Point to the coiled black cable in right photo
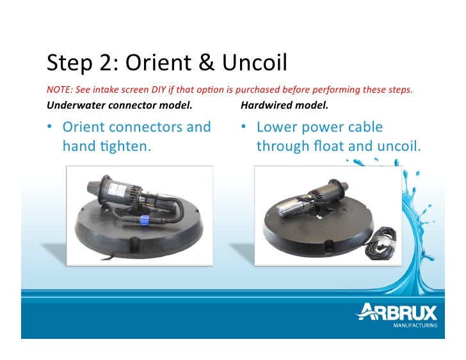coord(380,246)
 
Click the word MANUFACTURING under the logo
coord(415,325)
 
